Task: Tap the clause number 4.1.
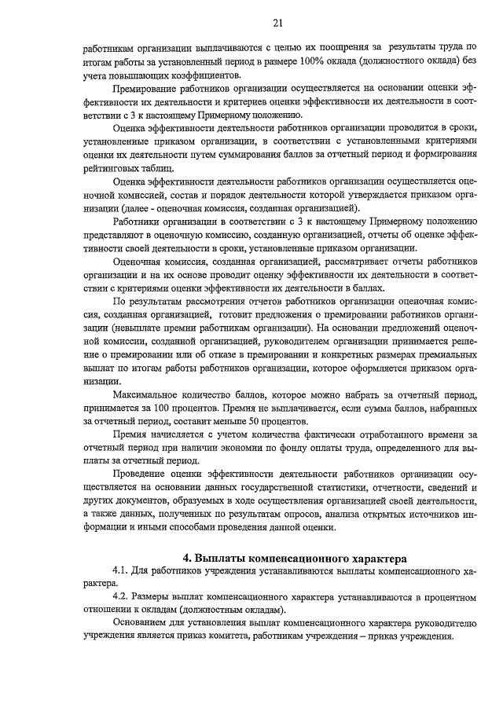[124, 572]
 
